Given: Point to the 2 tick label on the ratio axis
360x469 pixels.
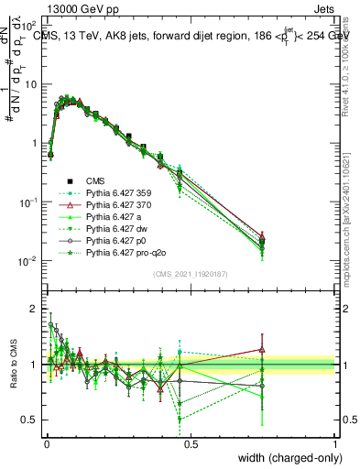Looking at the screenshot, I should click(x=35, y=309).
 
